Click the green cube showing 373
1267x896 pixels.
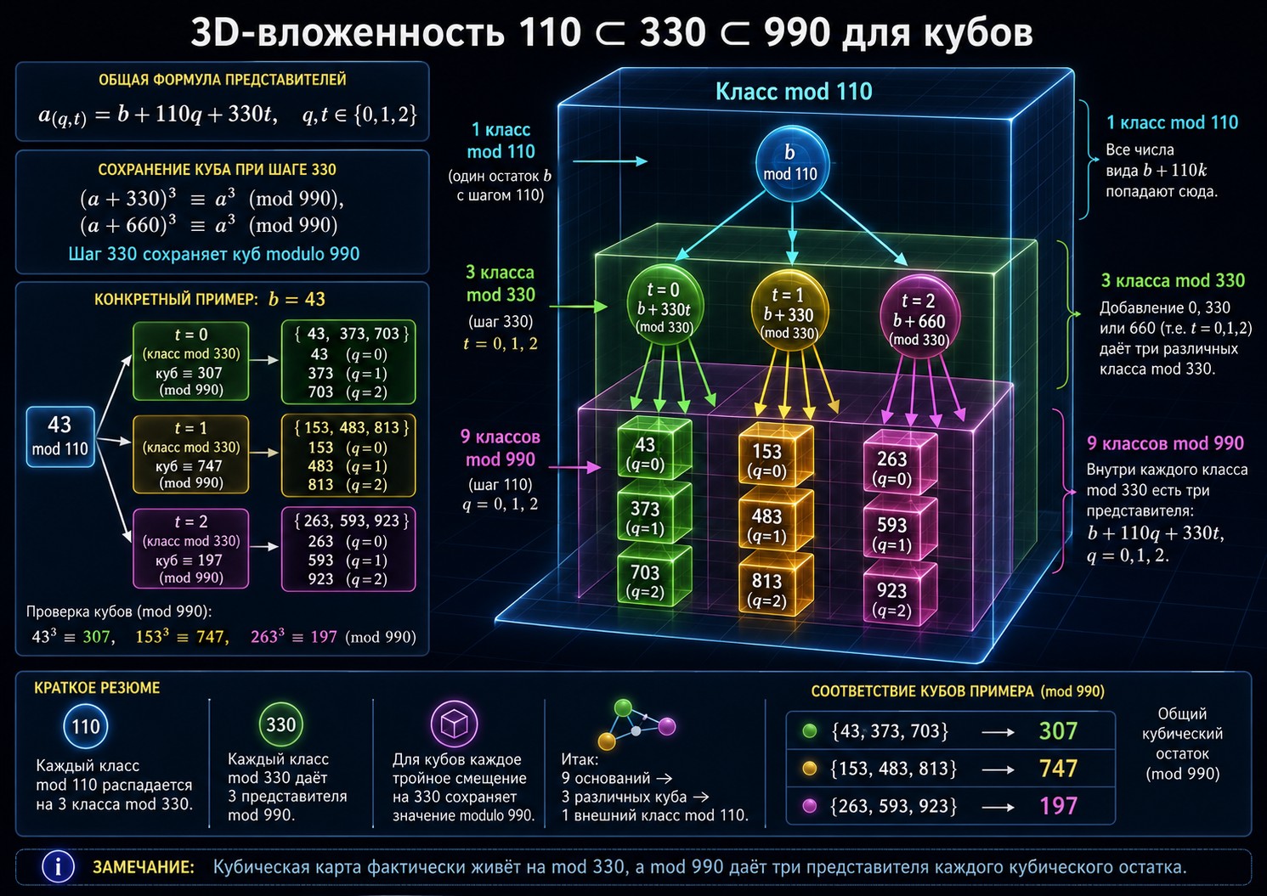pyautogui.click(x=653, y=515)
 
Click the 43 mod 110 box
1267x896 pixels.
pyautogui.click(x=60, y=437)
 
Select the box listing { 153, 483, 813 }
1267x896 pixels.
pyautogui.click(x=348, y=455)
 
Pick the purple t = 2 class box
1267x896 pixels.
pyautogui.click(x=190, y=549)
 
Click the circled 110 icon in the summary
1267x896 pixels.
pyautogui.click(x=86, y=726)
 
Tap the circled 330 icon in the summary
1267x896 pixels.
pyautogui.click(x=280, y=724)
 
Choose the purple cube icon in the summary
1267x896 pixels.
pyautogui.click(x=454, y=724)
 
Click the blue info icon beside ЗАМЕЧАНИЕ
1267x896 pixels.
pyautogui.click(x=58, y=866)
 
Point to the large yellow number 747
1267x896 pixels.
pyautogui.click(x=1058, y=769)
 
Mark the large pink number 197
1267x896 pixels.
pyautogui.click(x=1058, y=806)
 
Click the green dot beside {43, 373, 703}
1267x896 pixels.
pyautogui.click(x=810, y=731)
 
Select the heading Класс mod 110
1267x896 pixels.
pyautogui.click(x=794, y=92)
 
